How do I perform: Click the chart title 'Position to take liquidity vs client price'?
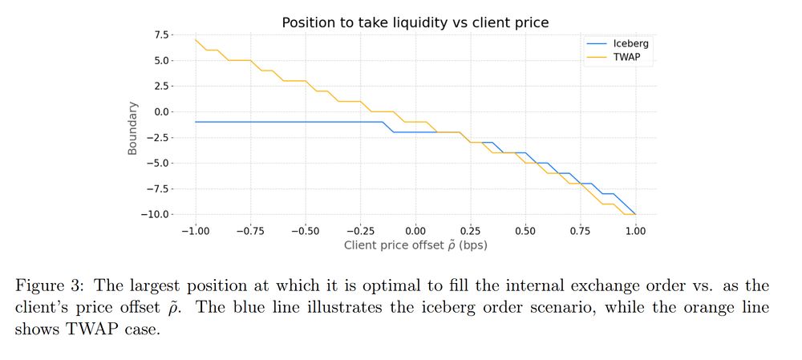pyautogui.click(x=415, y=22)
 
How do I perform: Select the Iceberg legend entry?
pyautogui.click(x=630, y=42)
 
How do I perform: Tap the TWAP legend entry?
pyautogui.click(x=626, y=57)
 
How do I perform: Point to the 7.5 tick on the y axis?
pyautogui.click(x=161, y=34)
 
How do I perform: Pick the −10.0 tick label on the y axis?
pyautogui.click(x=156, y=214)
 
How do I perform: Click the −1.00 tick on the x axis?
pyautogui.click(x=195, y=231)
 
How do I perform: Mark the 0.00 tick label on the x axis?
pyautogui.click(x=415, y=231)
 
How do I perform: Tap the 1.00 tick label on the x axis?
pyautogui.click(x=635, y=231)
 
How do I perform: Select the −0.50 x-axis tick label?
pyautogui.click(x=305, y=231)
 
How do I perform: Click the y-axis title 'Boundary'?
pyautogui.click(x=132, y=128)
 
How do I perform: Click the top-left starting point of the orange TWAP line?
pyautogui.click(x=196, y=39)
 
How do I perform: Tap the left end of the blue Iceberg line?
pyautogui.click(x=196, y=122)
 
